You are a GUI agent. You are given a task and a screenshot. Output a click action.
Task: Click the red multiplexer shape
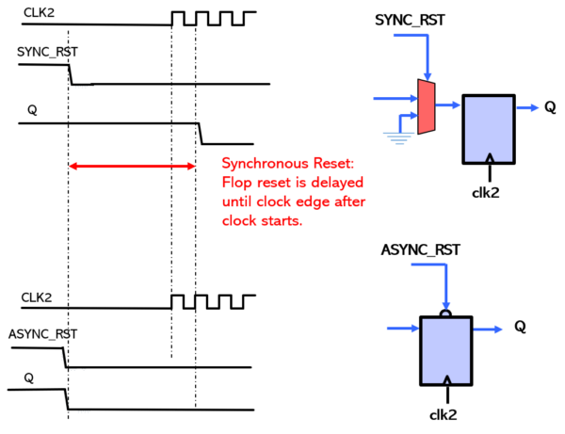(426, 106)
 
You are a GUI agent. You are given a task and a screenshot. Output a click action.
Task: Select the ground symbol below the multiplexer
(399, 137)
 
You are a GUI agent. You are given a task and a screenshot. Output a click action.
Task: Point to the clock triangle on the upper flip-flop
(489, 158)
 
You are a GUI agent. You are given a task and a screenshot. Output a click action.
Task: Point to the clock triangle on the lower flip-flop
(446, 379)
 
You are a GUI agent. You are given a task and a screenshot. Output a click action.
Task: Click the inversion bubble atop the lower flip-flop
(445, 313)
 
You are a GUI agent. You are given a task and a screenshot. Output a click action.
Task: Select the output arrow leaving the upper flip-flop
(527, 107)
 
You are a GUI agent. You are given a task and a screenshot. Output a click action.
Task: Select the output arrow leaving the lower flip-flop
(488, 330)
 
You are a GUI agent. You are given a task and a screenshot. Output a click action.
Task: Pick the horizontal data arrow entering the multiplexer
(395, 98)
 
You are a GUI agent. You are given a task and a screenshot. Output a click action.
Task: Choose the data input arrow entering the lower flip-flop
(402, 329)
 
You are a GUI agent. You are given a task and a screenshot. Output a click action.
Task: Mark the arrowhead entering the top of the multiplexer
(428, 76)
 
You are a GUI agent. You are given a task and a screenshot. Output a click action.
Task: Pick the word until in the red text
(236, 201)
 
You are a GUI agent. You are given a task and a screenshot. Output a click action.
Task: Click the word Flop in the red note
(234, 183)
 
